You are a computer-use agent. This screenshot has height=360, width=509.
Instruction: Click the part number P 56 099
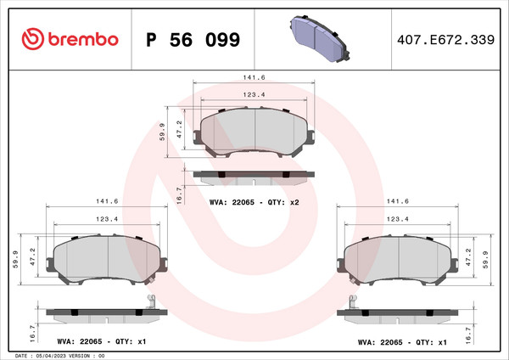click(193, 40)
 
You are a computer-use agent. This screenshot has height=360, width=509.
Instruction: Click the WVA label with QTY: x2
click(255, 203)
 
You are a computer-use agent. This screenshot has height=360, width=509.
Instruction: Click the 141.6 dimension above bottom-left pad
click(106, 201)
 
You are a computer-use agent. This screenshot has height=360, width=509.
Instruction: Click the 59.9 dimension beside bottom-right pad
click(486, 257)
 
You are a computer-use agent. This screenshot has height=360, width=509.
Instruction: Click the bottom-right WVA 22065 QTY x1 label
click(402, 342)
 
